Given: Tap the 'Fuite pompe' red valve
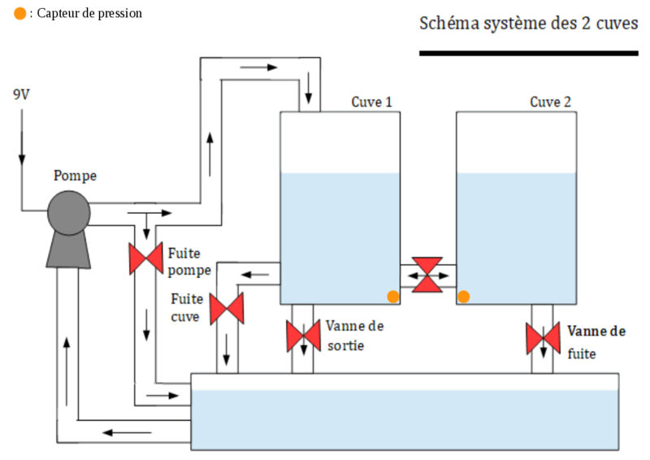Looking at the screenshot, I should coord(146,258).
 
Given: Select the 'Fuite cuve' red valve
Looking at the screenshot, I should coord(227,308).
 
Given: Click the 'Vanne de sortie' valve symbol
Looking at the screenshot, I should coord(303,336).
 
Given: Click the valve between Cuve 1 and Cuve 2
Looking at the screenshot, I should coord(427,275).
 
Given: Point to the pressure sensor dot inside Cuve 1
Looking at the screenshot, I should coord(393,297).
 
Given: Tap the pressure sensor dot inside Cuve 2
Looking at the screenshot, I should coord(463,297).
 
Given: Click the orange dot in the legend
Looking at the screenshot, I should coord(19,14).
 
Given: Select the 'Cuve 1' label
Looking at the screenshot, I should coord(372,102).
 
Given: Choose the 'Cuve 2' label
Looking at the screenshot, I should coord(550,102).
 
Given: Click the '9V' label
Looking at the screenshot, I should coord(21,94).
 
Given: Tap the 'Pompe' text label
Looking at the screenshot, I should coord(75,176).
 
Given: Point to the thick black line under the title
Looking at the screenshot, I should coord(529,54).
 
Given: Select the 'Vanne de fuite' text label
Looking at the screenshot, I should coord(596,341).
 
